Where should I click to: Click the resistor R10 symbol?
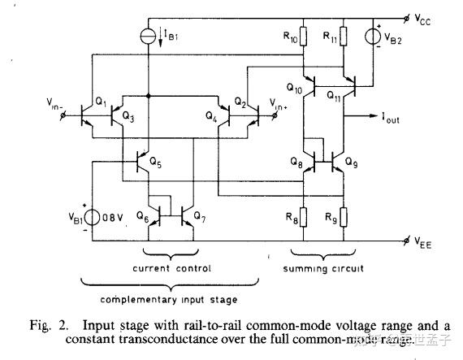pos(303,37)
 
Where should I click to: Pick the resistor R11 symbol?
pos(343,37)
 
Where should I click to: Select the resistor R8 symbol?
pos(303,217)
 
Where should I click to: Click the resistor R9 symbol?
pos(343,217)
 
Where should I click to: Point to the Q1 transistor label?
pos(100,101)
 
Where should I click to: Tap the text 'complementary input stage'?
pos(170,298)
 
